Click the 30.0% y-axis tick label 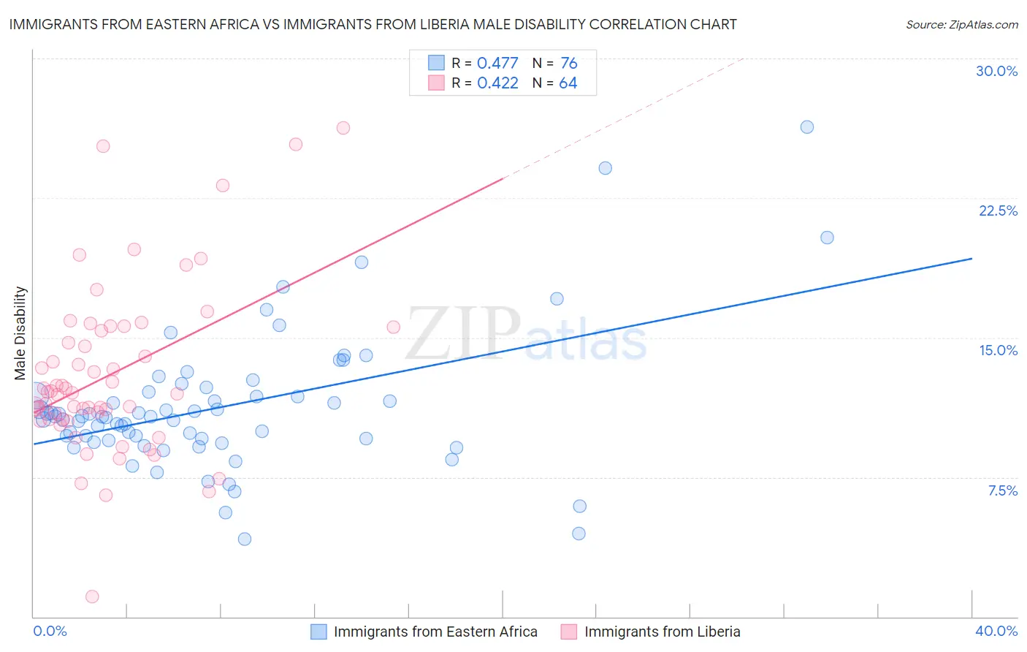pos(996,71)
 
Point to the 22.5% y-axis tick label pos(998,211)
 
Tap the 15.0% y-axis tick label pos(998,350)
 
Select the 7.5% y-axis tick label pos(1002,490)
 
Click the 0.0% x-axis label pos(50,631)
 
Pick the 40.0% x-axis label pos(996,631)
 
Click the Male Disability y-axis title pos(20,333)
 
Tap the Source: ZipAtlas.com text pos(961,25)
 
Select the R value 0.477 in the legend pos(497,64)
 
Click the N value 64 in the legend pos(568,83)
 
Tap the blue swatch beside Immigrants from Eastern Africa pos(319,632)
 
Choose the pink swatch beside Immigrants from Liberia pos(569,632)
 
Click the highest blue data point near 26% pos(806,127)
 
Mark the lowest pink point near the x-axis pos(92,596)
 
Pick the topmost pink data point pos(343,128)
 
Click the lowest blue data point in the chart pos(245,539)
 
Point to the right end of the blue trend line pos(971,259)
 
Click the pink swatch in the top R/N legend pos(436,83)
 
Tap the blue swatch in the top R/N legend pos(436,63)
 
